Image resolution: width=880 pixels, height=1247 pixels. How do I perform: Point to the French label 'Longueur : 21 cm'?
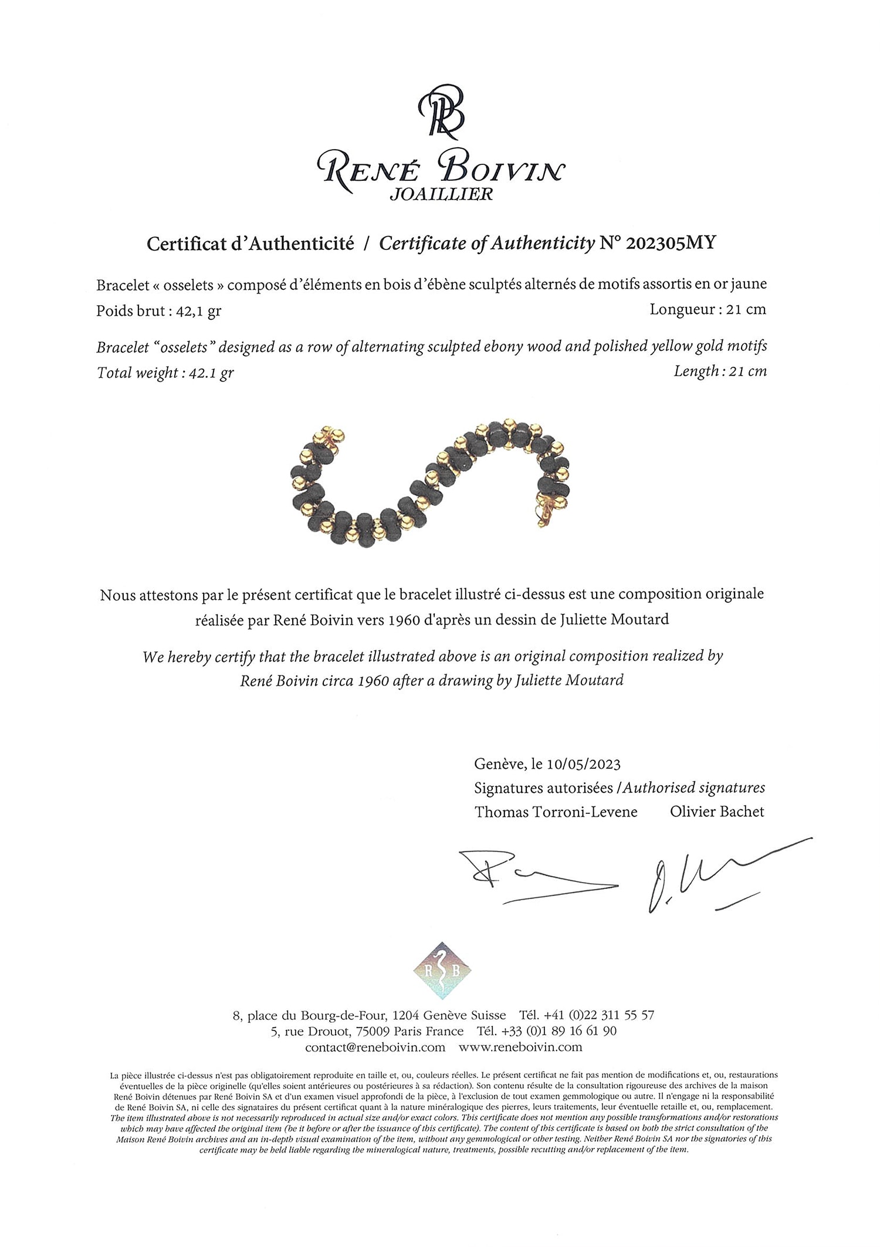click(x=708, y=309)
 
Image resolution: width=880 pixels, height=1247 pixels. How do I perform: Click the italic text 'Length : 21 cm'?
click(x=720, y=371)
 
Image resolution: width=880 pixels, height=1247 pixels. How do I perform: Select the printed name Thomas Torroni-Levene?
click(x=556, y=812)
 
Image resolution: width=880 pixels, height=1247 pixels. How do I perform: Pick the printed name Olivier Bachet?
click(x=717, y=812)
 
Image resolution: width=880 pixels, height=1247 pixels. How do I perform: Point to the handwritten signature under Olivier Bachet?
click(x=716, y=875)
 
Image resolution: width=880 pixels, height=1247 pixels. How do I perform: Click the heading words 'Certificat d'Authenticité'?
click(x=250, y=244)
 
